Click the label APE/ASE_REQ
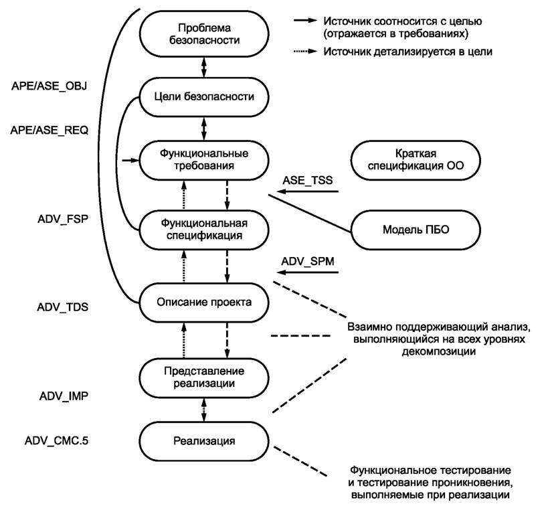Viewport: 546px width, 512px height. [x=50, y=131]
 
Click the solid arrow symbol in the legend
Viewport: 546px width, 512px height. [x=306, y=22]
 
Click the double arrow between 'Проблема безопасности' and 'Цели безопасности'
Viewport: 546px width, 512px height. [x=204, y=68]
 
